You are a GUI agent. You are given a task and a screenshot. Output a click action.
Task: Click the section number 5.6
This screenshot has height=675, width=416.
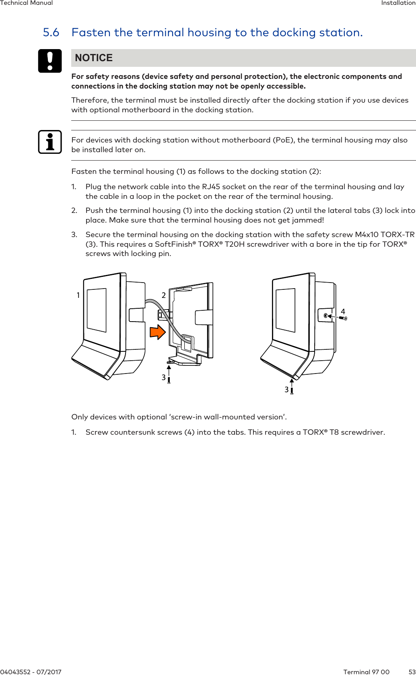[x=51, y=33]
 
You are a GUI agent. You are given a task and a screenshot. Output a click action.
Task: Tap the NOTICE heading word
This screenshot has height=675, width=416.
[x=94, y=58]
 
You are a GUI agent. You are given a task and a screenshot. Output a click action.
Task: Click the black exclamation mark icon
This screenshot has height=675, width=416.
[x=50, y=61]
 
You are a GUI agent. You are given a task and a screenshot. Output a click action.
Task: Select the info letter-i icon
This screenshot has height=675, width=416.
[x=50, y=142]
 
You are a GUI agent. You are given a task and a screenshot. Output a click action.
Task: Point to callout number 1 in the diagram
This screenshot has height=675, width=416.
[x=78, y=295]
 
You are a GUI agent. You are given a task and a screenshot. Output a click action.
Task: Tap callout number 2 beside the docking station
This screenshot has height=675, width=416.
[x=164, y=295]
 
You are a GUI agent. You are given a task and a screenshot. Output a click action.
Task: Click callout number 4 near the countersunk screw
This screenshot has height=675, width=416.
[x=343, y=312]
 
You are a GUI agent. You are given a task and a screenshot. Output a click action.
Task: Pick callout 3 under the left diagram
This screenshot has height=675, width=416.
[x=164, y=378]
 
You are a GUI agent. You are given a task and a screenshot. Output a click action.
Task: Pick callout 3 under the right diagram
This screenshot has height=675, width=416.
[x=286, y=390]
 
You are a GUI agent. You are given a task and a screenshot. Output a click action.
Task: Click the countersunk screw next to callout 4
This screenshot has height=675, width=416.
[x=343, y=318]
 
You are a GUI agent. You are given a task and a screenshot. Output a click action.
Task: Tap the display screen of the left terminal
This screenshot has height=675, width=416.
[x=97, y=310]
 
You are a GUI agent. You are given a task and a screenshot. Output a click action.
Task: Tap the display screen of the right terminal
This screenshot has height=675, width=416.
[x=286, y=310]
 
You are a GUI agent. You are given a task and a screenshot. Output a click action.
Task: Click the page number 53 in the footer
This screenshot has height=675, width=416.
[x=412, y=672]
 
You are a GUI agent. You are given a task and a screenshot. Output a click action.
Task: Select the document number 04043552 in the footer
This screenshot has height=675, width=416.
[x=16, y=672]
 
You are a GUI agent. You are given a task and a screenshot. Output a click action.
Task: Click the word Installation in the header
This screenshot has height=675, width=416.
[x=398, y=3]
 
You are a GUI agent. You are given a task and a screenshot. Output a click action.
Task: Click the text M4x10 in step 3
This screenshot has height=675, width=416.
[x=367, y=235]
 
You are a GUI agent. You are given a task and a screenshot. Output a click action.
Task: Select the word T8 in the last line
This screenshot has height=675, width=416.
[x=334, y=432]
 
